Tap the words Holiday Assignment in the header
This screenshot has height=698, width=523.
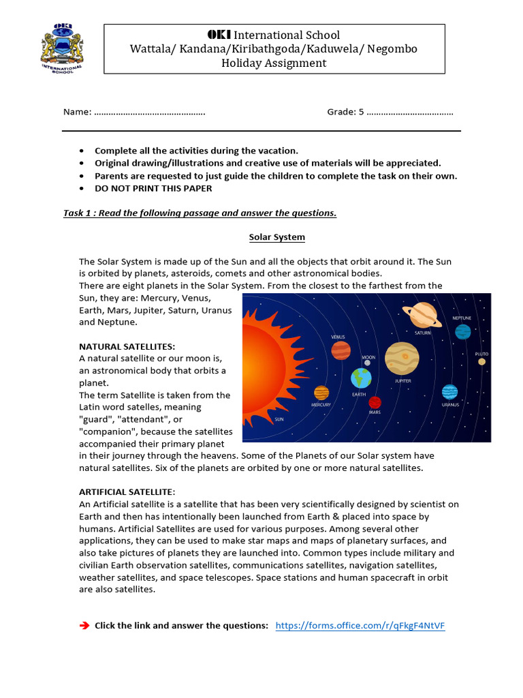click(274, 63)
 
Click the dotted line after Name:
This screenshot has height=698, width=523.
click(149, 112)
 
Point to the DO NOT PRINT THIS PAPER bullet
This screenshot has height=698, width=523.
click(153, 188)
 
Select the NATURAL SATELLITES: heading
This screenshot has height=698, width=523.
click(127, 346)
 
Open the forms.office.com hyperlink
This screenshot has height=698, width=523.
click(360, 626)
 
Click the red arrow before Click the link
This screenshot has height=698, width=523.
click(85, 626)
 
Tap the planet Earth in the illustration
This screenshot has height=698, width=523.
click(361, 378)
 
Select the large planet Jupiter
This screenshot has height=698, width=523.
click(402, 358)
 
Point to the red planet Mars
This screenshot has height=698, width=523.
click(375, 402)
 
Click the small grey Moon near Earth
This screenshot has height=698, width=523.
click(368, 363)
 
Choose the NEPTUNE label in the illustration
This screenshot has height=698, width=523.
click(461, 318)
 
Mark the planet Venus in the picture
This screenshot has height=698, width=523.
click(341, 350)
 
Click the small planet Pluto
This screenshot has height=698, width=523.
click(481, 362)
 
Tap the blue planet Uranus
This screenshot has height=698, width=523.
click(449, 392)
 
